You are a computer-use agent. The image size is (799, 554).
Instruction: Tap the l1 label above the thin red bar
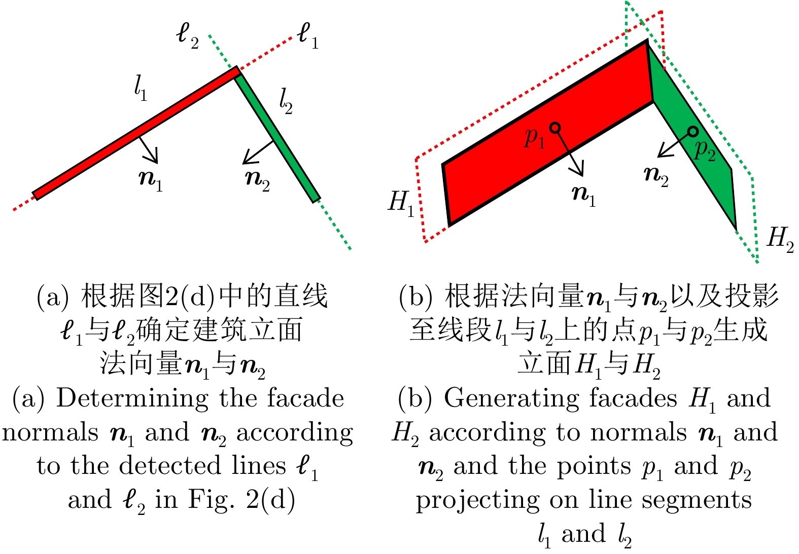pos(141,89)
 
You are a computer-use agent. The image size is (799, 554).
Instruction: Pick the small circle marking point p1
pos(555,128)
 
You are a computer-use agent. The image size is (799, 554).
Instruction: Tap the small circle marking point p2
pos(692,132)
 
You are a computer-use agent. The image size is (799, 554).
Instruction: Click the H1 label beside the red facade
pos(401,204)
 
